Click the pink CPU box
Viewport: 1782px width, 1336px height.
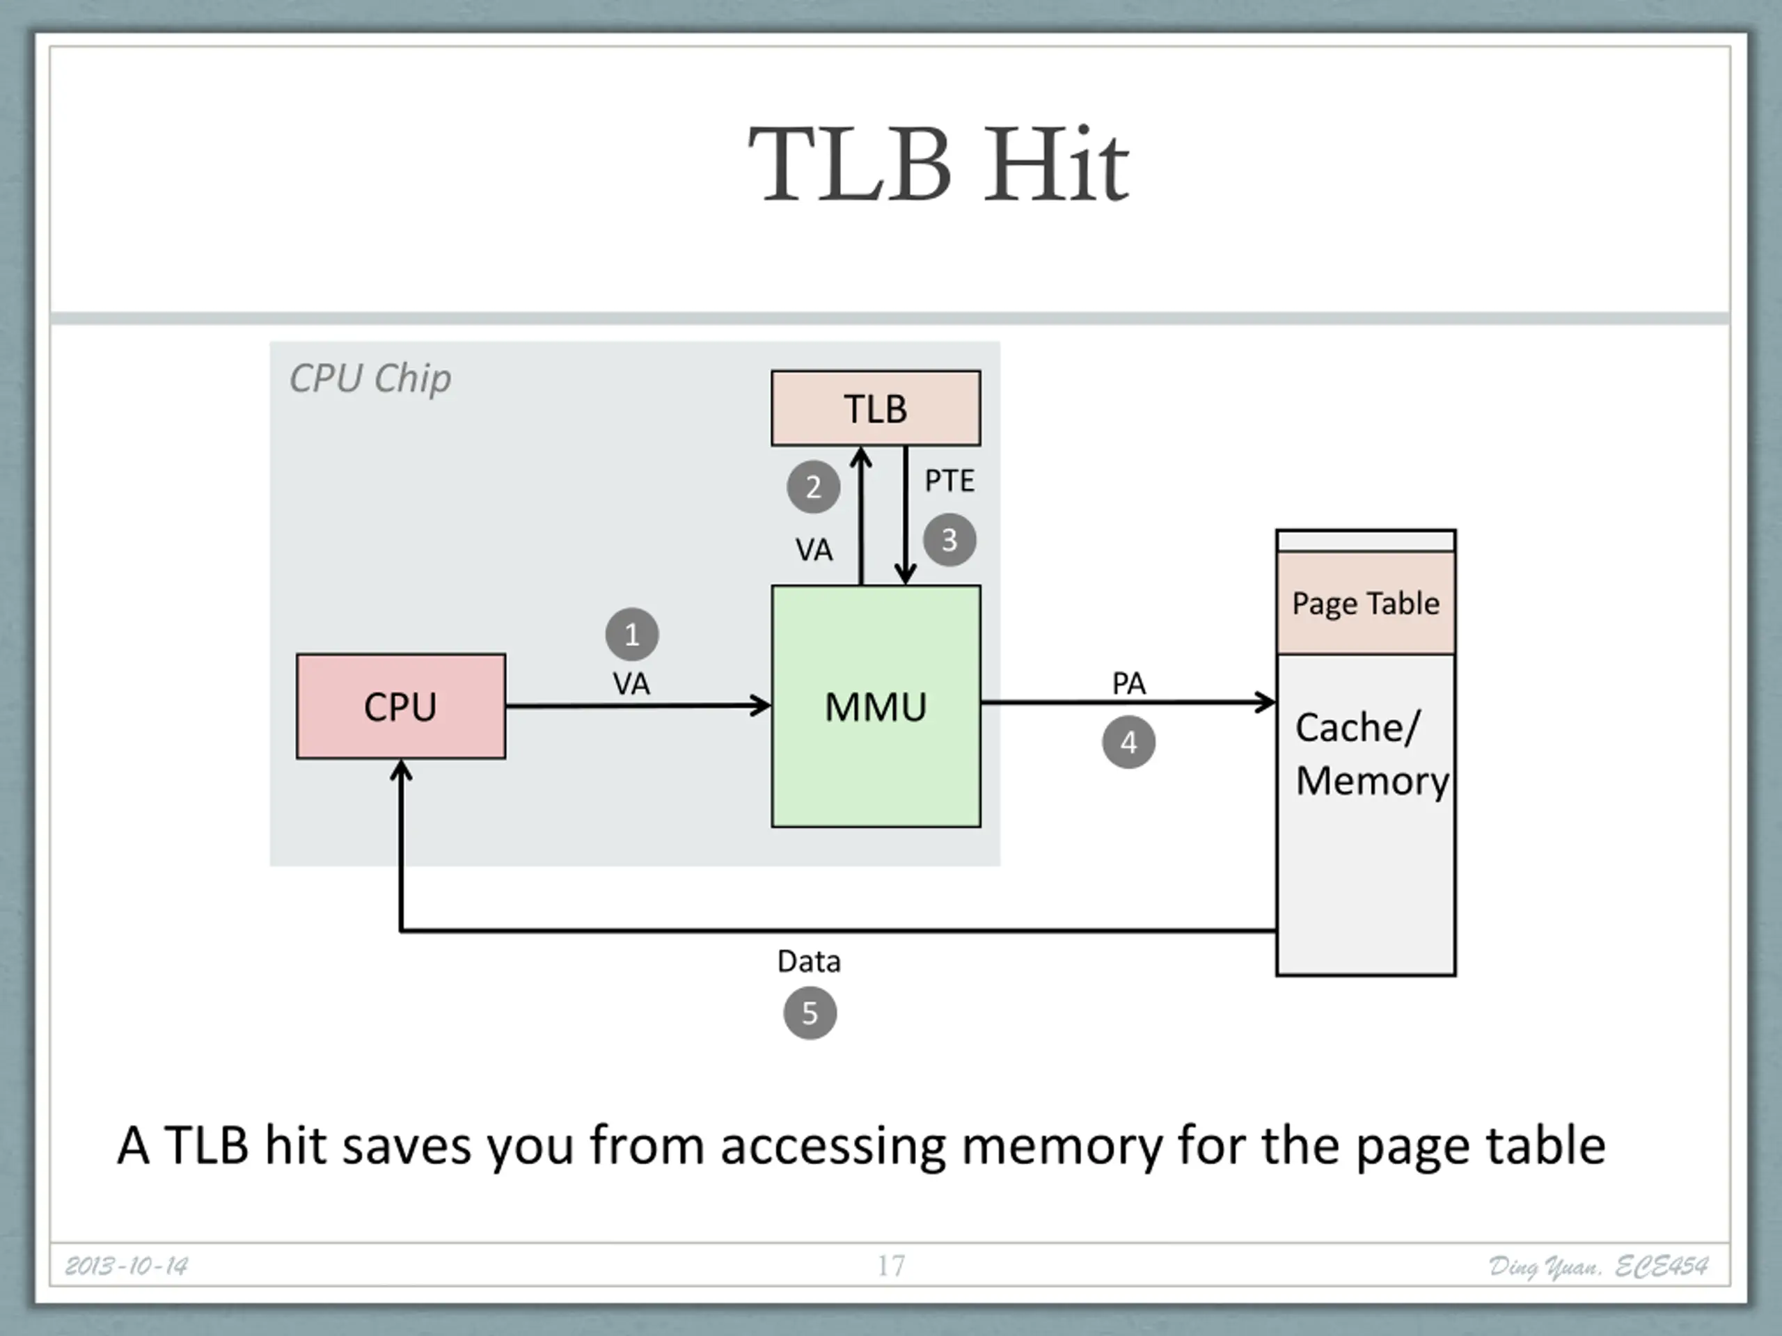401,706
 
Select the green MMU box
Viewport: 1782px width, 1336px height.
876,706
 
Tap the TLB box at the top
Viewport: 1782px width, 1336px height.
876,408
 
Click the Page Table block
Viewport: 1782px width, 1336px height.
1366,603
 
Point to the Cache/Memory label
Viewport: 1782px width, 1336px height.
1372,754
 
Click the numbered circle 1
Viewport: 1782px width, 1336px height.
632,635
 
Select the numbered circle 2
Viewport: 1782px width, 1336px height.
814,486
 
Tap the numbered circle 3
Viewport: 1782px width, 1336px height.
949,539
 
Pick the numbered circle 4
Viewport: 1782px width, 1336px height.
1128,742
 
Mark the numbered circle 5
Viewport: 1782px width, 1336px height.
810,1013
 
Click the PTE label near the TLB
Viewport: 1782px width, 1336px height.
949,481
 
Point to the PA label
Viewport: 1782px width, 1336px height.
1128,684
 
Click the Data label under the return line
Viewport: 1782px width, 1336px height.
810,961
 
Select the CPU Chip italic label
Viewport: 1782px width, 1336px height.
370,379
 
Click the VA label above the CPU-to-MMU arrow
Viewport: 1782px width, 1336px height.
631,685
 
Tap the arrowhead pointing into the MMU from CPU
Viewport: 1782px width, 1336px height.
762,706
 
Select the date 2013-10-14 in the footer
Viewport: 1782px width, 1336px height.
127,1266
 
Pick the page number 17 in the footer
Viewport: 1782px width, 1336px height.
891,1266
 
